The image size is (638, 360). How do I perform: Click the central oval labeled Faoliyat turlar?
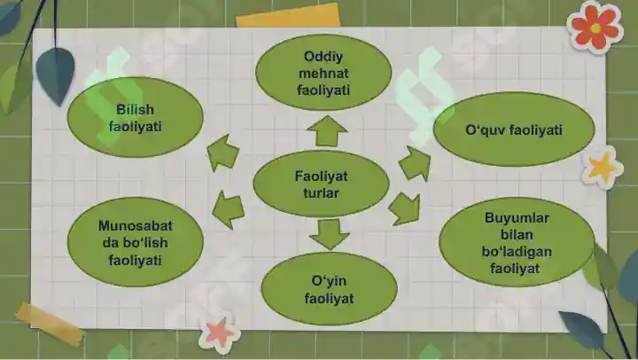click(321, 184)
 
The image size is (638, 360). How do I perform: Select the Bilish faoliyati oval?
click(135, 117)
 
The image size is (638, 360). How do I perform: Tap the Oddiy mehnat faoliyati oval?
click(323, 73)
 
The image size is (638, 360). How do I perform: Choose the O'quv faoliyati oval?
click(514, 129)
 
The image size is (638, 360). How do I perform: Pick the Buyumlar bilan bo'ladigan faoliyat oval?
click(517, 243)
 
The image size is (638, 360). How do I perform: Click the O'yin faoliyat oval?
click(329, 289)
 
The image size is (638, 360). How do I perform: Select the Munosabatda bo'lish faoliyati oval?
click(135, 243)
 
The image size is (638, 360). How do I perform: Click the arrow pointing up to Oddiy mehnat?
click(327, 130)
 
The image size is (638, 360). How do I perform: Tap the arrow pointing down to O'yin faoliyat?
click(329, 235)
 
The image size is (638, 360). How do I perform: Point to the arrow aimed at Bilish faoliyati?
click(222, 153)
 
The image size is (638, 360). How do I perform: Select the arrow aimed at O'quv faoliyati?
click(415, 163)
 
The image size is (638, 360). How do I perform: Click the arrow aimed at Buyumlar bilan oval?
click(404, 208)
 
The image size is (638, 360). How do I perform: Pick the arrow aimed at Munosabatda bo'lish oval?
click(228, 209)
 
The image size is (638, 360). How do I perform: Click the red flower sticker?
click(595, 27)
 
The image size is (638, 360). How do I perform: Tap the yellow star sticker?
click(603, 168)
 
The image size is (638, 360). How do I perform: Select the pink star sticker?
click(220, 332)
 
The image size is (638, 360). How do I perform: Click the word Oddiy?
click(323, 57)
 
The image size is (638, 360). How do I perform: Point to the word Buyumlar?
click(517, 218)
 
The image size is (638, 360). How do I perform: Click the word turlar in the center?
click(321, 192)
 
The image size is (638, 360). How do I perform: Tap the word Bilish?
click(135, 109)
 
